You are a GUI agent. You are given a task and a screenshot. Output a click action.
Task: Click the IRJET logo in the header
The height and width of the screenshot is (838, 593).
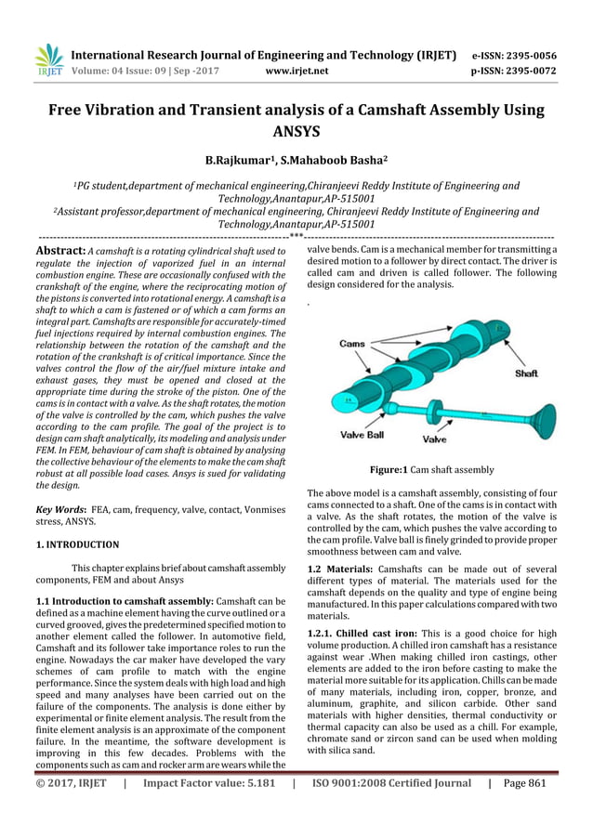(47, 60)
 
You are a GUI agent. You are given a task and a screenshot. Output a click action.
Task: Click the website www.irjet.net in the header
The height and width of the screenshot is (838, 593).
(296, 70)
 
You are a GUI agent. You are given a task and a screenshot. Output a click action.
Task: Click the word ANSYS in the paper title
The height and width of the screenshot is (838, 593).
(296, 132)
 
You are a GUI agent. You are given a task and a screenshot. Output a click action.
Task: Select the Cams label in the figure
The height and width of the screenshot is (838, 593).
(352, 344)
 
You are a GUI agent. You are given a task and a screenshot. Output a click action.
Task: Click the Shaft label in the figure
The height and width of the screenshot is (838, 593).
(527, 373)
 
